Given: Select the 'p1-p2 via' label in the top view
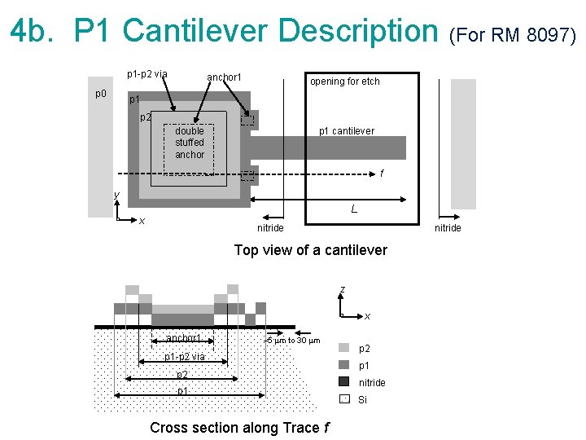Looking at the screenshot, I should (x=147, y=74).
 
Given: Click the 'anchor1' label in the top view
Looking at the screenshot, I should (x=224, y=77).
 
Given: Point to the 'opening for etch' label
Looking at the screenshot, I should (x=344, y=81).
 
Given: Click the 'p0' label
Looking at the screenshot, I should (x=100, y=93).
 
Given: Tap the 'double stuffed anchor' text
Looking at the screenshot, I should (x=190, y=143).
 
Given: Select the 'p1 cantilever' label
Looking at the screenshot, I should (x=347, y=131).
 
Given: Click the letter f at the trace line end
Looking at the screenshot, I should (x=383, y=174).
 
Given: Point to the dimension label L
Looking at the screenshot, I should (x=354, y=209).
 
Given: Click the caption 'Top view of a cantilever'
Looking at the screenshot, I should (x=310, y=250).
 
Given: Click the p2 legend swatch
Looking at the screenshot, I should (x=343, y=348).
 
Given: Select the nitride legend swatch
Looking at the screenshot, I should (x=343, y=381).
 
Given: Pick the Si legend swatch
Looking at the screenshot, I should (x=343, y=398).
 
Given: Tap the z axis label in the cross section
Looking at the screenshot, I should (x=343, y=290).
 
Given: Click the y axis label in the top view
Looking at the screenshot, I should (x=116, y=195).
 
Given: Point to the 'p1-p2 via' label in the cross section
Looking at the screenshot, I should (x=185, y=357).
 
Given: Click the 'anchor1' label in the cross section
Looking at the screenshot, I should (x=183, y=338).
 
